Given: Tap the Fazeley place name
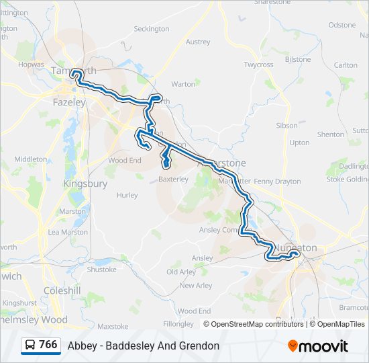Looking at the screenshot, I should point(69,103).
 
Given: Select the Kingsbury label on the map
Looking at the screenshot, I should point(85,184).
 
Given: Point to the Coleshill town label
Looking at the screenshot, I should point(62,290).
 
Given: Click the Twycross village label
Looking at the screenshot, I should point(258,65).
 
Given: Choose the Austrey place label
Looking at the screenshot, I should point(198,42).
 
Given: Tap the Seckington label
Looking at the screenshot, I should point(152,29).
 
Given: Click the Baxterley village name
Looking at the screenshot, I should point(172,179).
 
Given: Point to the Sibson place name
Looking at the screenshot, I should point(286,126).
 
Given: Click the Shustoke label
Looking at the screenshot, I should point(102,270).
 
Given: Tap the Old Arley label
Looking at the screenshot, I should point(181,272).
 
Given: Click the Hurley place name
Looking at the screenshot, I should point(127,196).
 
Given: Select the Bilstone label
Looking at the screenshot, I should point(298,59).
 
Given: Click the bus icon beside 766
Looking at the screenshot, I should point(30,346).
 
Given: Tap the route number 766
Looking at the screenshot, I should point(48,345).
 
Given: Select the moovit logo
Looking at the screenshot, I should point(318,346).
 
